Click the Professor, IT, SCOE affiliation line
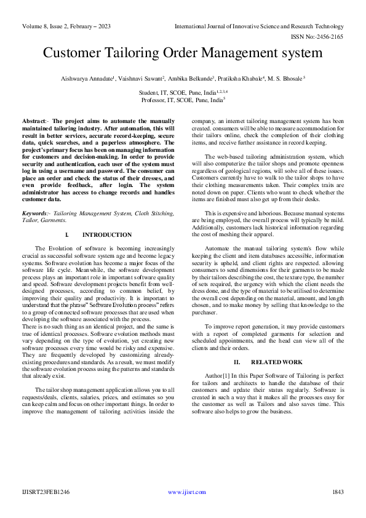[182, 99]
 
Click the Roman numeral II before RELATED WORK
[237, 363]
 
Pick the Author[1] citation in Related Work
[220, 375]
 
